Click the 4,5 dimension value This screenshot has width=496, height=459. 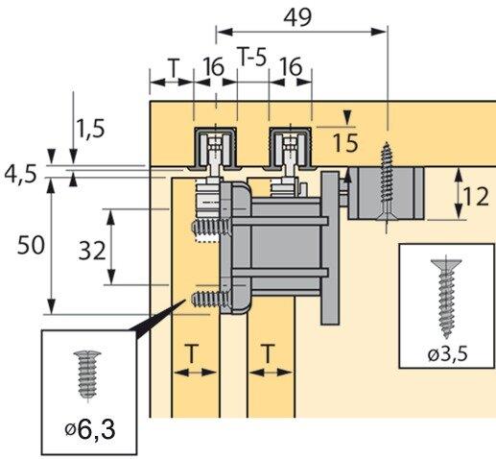21,175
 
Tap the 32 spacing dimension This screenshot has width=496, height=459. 91,250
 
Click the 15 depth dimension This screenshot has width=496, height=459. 346,143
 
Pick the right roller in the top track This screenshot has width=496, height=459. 289,151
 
